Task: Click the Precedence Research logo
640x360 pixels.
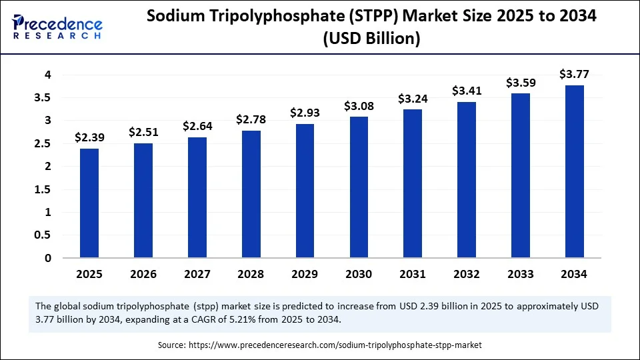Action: coord(56,27)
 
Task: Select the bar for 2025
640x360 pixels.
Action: coord(89,203)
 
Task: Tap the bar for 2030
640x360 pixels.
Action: coord(359,187)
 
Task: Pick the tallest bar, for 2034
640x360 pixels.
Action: coord(575,171)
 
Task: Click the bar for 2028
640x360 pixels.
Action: coord(251,194)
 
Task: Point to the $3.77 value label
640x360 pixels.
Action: coord(575,74)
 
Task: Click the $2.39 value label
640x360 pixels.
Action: coord(89,137)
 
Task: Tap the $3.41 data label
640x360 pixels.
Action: coord(467,90)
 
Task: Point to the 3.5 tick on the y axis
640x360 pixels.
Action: coord(43,97)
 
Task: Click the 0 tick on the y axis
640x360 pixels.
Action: coord(48,258)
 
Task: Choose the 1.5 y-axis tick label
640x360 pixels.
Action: coord(43,189)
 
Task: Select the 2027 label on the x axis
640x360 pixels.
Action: coord(197,275)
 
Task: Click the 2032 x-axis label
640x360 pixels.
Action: coord(467,275)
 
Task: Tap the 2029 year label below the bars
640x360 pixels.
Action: coord(305,275)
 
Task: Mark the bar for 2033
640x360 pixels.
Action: coord(521,175)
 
